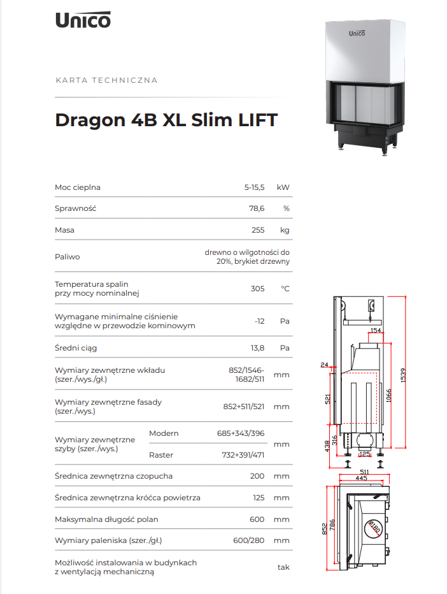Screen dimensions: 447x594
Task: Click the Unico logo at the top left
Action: pyautogui.click(x=83, y=20)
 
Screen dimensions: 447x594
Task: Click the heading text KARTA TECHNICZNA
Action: pyautogui.click(x=106, y=80)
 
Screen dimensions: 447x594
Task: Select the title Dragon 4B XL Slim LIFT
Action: pyautogui.click(x=166, y=120)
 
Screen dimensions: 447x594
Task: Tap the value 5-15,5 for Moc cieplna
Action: pyautogui.click(x=254, y=187)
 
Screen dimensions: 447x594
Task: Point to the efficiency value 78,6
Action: pyautogui.click(x=257, y=208)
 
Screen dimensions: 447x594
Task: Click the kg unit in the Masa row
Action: pyautogui.click(x=285, y=230)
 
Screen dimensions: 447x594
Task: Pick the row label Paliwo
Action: pyautogui.click(x=67, y=257)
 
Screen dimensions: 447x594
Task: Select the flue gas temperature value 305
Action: pyautogui.click(x=257, y=289)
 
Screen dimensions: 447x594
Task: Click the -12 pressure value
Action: pyautogui.click(x=260, y=321)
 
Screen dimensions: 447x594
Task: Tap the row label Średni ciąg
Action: pyautogui.click(x=76, y=348)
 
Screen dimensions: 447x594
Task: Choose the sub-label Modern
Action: pyautogui.click(x=164, y=433)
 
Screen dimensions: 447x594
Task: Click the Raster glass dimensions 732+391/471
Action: pyautogui.click(x=243, y=455)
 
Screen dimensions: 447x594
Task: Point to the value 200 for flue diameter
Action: pyautogui.click(x=257, y=476)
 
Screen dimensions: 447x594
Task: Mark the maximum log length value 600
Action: pyautogui.click(x=257, y=519)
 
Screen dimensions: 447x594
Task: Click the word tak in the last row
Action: pyautogui.click(x=283, y=567)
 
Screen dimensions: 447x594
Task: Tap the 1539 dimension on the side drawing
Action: pyautogui.click(x=403, y=375)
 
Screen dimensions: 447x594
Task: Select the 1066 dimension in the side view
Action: pyautogui.click(x=388, y=396)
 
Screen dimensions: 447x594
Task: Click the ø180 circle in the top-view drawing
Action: pyautogui.click(x=373, y=528)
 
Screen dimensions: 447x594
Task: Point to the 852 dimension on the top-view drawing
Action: pyautogui.click(x=324, y=529)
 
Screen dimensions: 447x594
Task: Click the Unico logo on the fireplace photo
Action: pyautogui.click(x=357, y=33)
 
